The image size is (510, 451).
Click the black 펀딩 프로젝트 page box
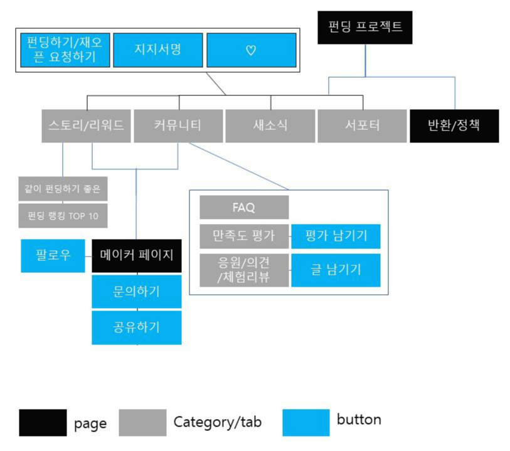point(364,28)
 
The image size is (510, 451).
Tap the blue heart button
point(251,50)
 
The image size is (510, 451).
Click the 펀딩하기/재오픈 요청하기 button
point(65,50)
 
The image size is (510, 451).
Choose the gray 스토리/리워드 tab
point(87,125)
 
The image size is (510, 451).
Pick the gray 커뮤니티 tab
point(178,125)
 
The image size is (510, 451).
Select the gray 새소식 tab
point(270,125)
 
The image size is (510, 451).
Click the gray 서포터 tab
point(362,125)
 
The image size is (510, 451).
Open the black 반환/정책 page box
point(454,125)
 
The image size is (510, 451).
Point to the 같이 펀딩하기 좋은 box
point(63,188)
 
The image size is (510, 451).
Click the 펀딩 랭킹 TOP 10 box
point(63,216)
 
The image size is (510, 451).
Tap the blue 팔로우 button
point(53,256)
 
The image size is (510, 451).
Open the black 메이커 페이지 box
point(137,256)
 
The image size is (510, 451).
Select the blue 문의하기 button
point(137,292)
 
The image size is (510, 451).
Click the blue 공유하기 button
point(137,327)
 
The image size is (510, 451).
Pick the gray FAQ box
point(244,208)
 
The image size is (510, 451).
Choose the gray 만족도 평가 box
point(244,236)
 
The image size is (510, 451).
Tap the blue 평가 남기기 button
point(336,236)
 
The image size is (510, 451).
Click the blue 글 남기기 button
point(336,270)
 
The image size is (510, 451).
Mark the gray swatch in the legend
point(142,422)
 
